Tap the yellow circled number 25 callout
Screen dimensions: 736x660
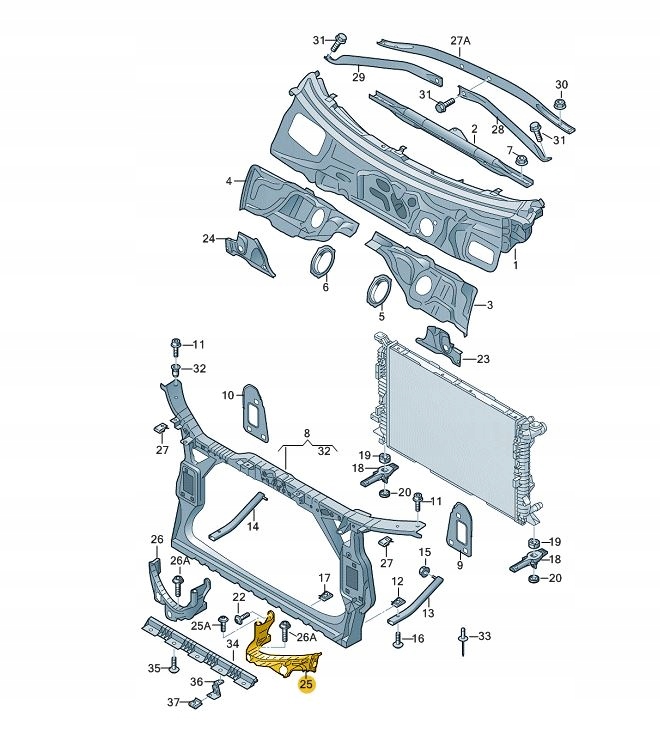(307, 685)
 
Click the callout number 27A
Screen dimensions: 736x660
(460, 41)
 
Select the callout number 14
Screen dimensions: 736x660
(253, 526)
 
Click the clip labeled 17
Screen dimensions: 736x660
(323, 597)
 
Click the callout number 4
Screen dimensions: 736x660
(228, 181)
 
